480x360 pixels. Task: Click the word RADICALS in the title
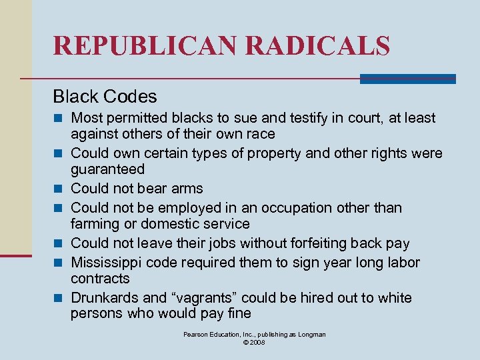pos(318,45)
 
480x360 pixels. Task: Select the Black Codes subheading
pos(105,97)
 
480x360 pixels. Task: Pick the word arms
pos(187,189)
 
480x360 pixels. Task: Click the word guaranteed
pos(107,170)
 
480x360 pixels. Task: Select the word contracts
pos(100,279)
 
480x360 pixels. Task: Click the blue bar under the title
pos(407,79)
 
